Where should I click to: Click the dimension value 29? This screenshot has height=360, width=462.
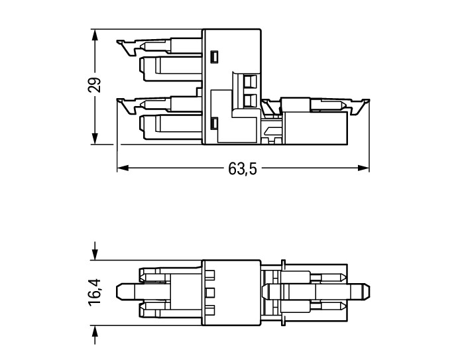[95, 85]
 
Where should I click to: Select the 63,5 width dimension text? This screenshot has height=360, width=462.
[243, 169]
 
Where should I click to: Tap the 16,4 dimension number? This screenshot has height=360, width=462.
[95, 292]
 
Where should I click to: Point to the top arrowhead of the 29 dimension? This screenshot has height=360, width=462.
[95, 36]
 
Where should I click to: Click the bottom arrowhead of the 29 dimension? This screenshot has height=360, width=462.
[95, 138]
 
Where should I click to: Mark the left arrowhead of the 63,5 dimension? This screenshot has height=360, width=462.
[123, 168]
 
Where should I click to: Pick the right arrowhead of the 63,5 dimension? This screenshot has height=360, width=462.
[363, 168]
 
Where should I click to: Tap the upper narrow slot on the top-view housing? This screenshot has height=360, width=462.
[214, 57]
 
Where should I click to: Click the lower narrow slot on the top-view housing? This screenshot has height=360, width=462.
[214, 123]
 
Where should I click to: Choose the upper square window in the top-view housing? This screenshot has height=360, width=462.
[250, 82]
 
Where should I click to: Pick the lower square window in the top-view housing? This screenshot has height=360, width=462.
[250, 101]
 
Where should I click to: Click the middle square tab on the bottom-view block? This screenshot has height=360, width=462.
[210, 292]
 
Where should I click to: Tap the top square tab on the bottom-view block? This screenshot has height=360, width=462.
[210, 275]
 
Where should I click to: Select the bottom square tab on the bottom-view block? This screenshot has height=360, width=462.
[210, 310]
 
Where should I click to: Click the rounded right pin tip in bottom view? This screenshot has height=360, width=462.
[366, 292]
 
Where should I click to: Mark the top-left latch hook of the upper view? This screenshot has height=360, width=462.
[125, 48]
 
